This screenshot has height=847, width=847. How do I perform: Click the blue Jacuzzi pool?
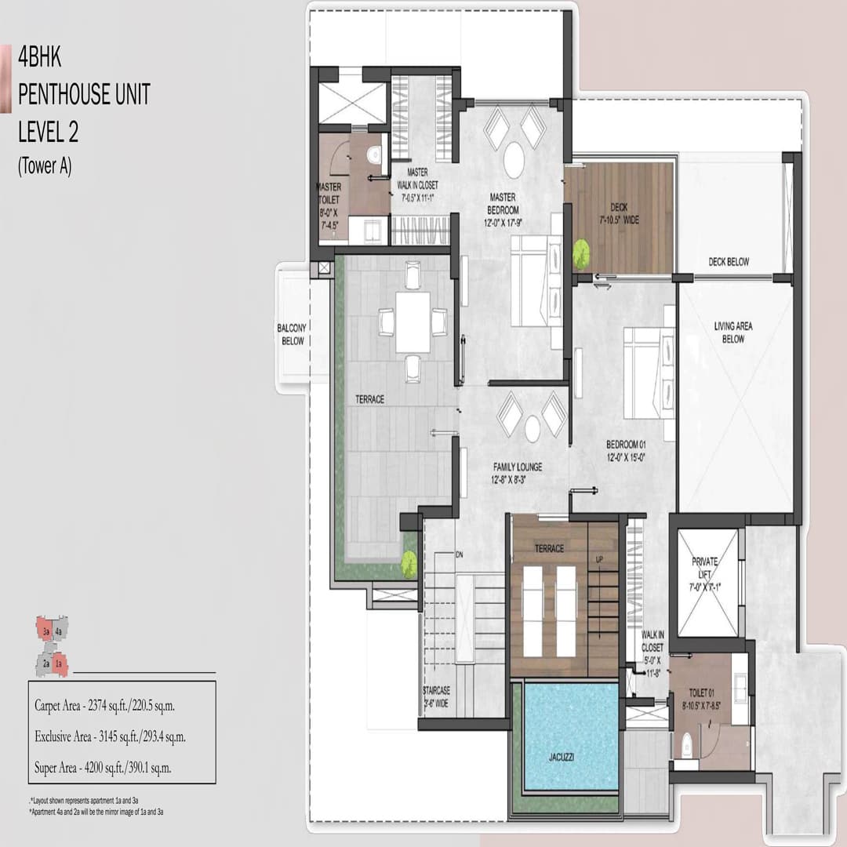[x=570, y=736]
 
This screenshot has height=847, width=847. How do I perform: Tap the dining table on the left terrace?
[x=413, y=322]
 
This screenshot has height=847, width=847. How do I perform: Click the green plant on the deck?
[x=581, y=253]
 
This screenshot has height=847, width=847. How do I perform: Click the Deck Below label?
[x=728, y=262]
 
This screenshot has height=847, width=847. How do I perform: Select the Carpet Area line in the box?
[x=104, y=705]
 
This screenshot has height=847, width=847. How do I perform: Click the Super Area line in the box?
[x=103, y=768]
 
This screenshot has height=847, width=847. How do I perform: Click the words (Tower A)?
[x=45, y=167]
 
